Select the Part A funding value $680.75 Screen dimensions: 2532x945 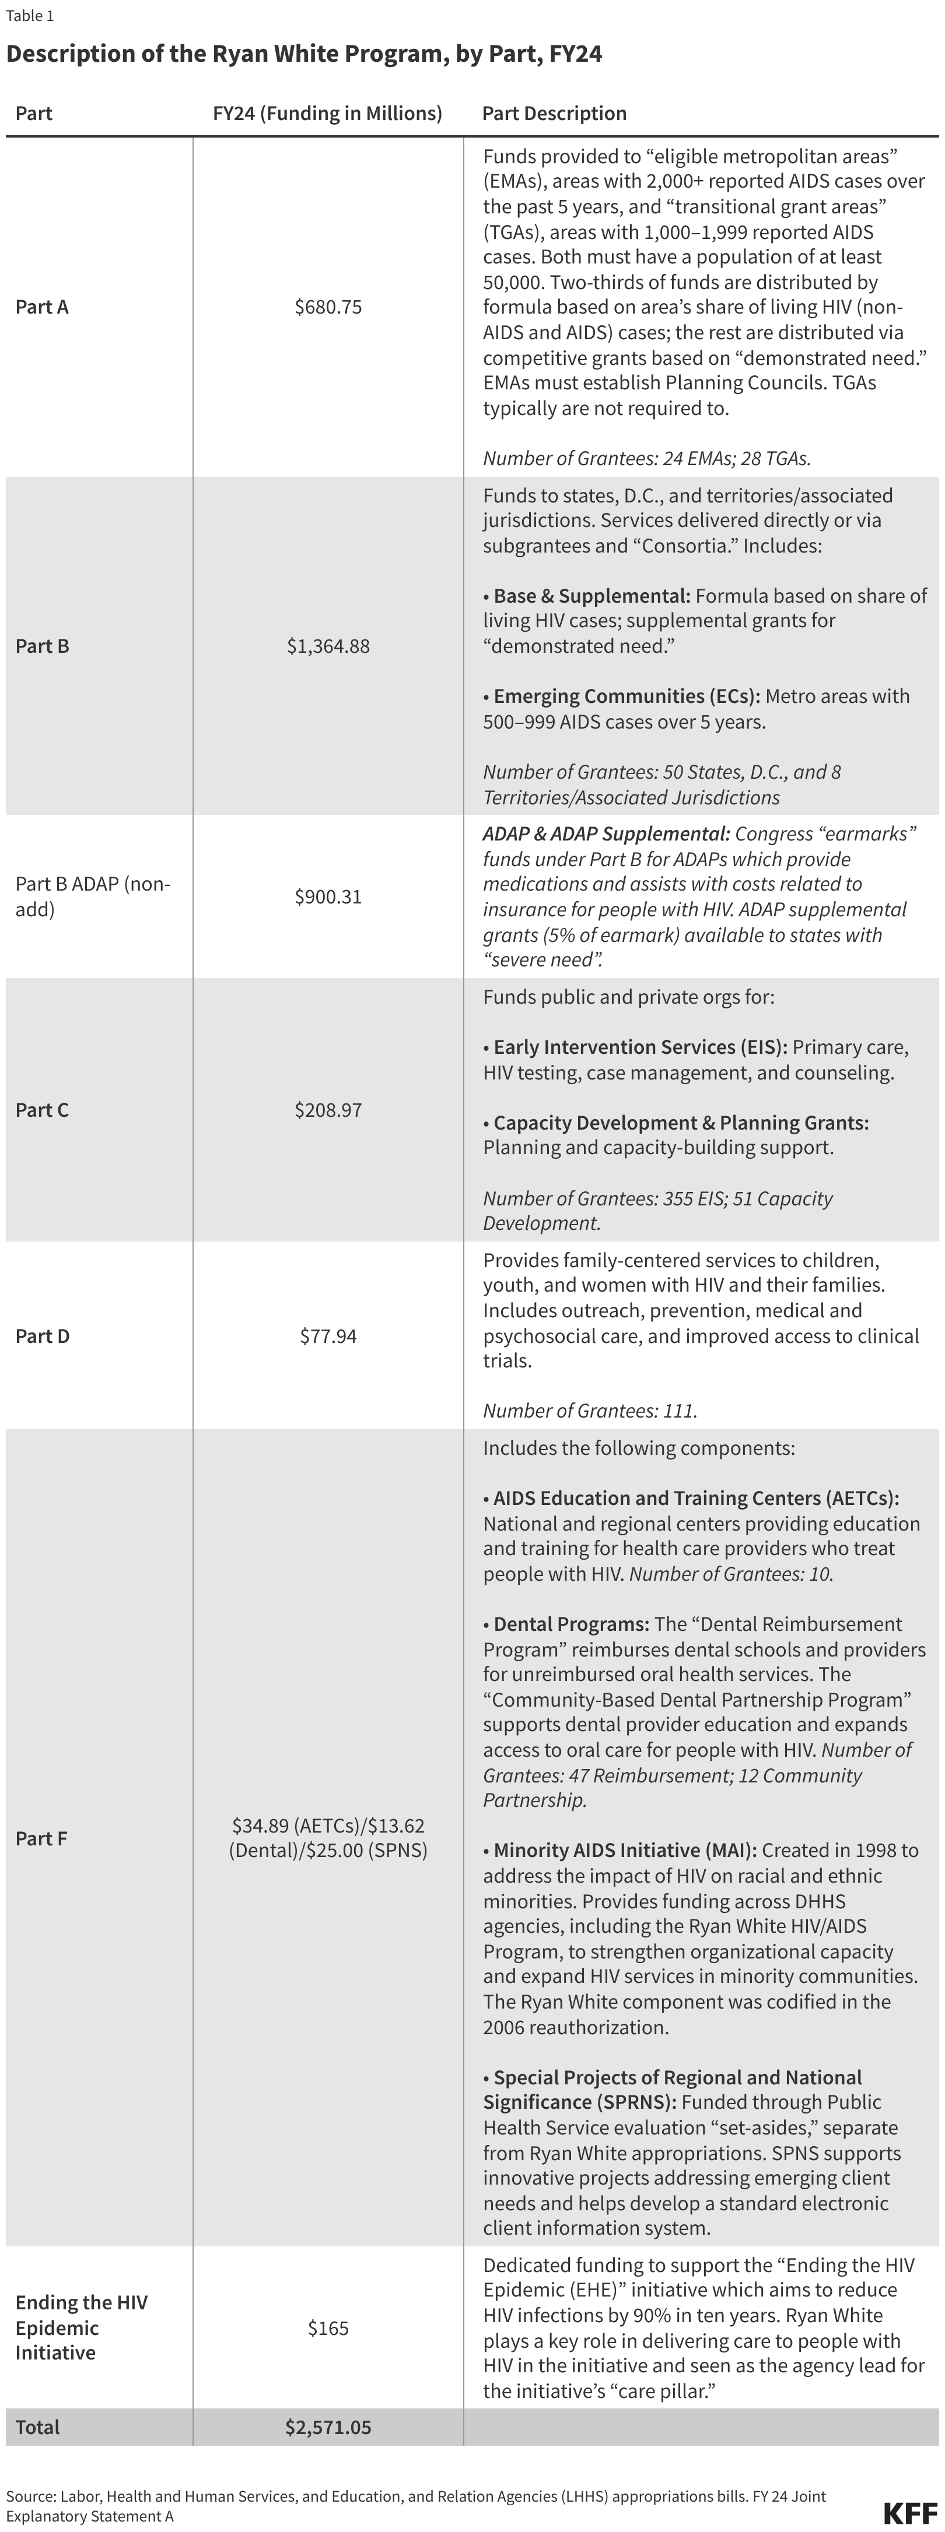coord(328,307)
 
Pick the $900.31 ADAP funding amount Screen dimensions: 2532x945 coord(328,896)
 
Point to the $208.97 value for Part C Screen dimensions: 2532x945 coord(328,1110)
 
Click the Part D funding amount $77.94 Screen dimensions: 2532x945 coord(328,1336)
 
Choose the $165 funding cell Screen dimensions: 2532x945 coord(328,2327)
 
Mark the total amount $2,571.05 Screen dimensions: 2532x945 coord(328,2427)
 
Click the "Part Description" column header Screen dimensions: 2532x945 coord(554,113)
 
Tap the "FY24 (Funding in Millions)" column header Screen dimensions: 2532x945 coord(327,113)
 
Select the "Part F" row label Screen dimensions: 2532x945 coord(41,1838)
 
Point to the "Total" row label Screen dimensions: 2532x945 coord(37,2427)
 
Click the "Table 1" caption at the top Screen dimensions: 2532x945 coord(30,16)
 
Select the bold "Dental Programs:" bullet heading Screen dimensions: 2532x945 coord(570,1624)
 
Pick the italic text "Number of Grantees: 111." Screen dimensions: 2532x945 coord(590,1411)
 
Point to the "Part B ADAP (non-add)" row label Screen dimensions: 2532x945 coord(92,896)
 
